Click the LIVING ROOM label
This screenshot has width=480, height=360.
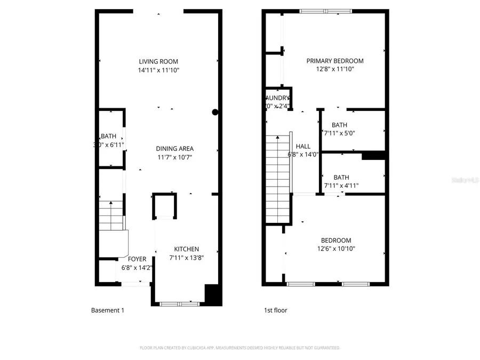pyautogui.click(x=158, y=61)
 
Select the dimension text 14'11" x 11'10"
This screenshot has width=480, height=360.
pyautogui.click(x=158, y=70)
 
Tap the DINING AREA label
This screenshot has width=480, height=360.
pyautogui.click(x=174, y=149)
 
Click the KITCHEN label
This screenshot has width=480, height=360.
pyautogui.click(x=187, y=249)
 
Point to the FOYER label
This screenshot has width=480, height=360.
pyautogui.click(x=137, y=259)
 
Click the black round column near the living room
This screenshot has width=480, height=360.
pyautogui.click(x=215, y=112)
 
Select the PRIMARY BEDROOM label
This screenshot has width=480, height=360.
pyautogui.click(x=335, y=61)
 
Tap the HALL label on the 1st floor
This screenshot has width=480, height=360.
pyautogui.click(x=303, y=146)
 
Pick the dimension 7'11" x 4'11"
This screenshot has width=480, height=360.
pyautogui.click(x=341, y=186)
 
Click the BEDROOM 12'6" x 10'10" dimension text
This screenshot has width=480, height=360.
pyautogui.click(x=336, y=249)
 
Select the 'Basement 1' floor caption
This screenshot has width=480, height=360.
pyautogui.click(x=107, y=310)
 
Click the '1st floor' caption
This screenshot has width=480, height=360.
pyautogui.click(x=276, y=310)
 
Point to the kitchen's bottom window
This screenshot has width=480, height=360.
pyautogui.click(x=179, y=304)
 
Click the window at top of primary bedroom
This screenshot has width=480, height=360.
pyautogui.click(x=325, y=11)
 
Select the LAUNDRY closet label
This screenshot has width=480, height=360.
pyautogui.click(x=277, y=98)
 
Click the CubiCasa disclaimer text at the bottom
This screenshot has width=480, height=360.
pyautogui.click(x=239, y=348)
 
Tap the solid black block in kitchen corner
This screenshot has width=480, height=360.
pyautogui.click(x=213, y=295)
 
